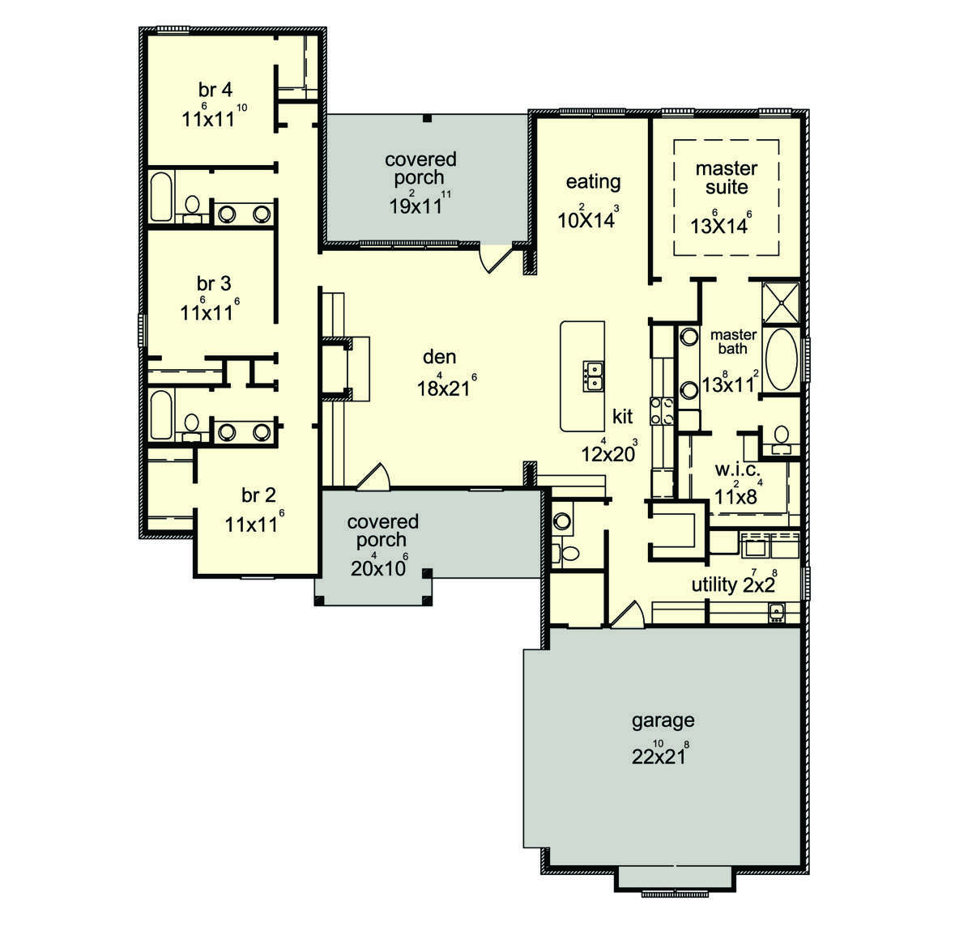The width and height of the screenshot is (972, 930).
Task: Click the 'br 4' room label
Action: tap(215, 91)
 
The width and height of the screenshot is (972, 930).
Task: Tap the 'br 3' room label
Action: tap(214, 283)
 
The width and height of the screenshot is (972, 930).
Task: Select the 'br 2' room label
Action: tap(258, 495)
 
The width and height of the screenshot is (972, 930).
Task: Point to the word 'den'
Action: tap(440, 357)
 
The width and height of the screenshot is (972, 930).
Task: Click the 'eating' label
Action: tap(594, 182)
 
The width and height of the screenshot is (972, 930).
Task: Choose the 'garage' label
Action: tap(663, 721)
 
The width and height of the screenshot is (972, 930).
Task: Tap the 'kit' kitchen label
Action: tap(622, 416)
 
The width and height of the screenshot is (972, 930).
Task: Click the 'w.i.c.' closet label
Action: tap(738, 469)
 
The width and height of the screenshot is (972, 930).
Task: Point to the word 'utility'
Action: tap(714, 585)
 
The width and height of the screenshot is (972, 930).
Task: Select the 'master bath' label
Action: tap(733, 342)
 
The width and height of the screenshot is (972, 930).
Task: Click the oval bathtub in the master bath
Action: tap(782, 359)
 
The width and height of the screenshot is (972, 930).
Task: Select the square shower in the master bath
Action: tap(781, 303)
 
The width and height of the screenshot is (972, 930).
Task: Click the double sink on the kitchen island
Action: tap(594, 376)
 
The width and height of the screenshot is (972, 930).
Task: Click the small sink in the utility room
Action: tap(777, 612)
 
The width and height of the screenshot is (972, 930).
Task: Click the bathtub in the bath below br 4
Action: tap(161, 197)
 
